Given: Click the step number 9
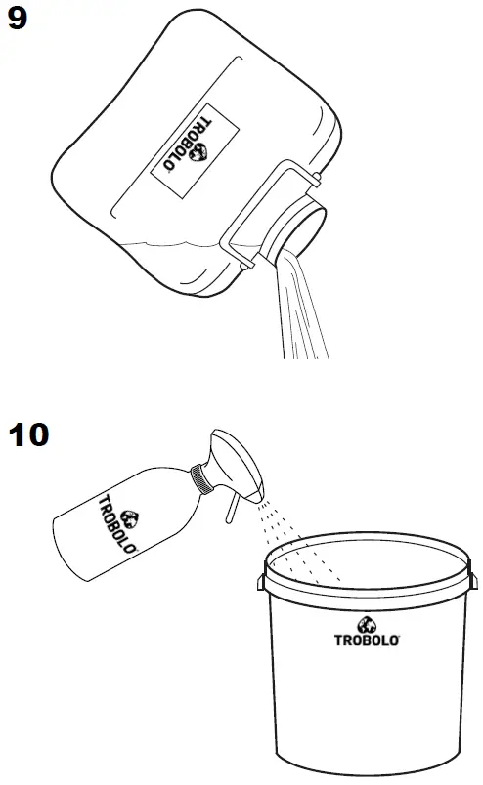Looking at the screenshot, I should click(19, 19).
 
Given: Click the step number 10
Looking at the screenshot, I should click(28, 434).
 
